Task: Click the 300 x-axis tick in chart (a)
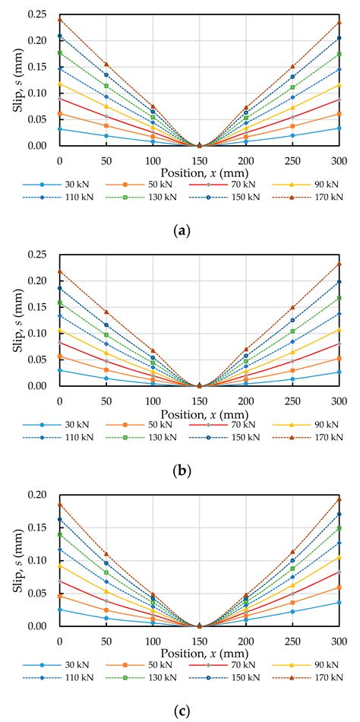tap(339, 160)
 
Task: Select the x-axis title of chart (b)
tap(199, 413)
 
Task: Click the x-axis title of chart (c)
tap(199, 653)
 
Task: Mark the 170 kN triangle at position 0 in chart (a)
tap(59, 18)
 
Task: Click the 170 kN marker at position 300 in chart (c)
tap(339, 499)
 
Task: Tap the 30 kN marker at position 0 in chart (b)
tap(59, 370)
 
